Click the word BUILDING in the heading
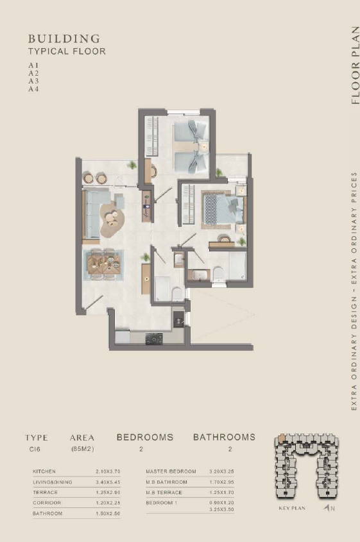[x=64, y=38]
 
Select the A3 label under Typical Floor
[x=33, y=81]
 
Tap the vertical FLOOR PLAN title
[x=355, y=65]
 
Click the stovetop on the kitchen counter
[x=154, y=339]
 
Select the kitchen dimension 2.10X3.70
[x=108, y=471]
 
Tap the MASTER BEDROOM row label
[x=171, y=471]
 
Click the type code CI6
[x=35, y=450]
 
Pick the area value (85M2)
[x=83, y=450]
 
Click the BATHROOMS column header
[x=224, y=437]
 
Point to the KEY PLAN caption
[x=292, y=508]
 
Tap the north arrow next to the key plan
[x=327, y=508]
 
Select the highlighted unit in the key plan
[x=282, y=439]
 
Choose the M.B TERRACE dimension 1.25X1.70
[x=221, y=492]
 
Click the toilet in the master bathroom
[x=218, y=273]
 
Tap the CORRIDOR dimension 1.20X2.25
[x=108, y=503]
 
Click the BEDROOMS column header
[x=145, y=437]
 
